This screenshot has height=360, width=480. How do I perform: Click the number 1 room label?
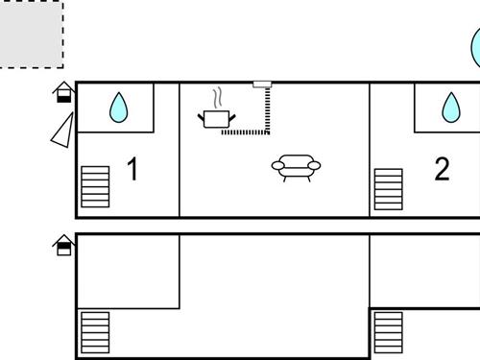tap(132, 171)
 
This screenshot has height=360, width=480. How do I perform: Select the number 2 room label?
tap(442, 170)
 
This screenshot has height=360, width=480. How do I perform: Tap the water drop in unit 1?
tap(118, 108)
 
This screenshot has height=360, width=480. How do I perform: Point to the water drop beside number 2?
tap(449, 108)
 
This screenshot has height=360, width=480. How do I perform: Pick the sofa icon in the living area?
tap(297, 168)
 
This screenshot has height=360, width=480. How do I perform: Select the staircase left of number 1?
tap(95, 187)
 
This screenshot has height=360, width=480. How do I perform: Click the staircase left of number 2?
tap(388, 189)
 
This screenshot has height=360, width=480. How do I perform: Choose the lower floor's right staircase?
tap(388, 332)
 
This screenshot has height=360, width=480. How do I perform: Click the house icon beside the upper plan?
tap(63, 92)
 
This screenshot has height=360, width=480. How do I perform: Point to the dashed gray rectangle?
tap(30, 34)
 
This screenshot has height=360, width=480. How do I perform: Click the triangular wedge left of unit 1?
tap(63, 131)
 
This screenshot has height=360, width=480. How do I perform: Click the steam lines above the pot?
tap(219, 97)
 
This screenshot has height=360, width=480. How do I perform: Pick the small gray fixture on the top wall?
tap(262, 84)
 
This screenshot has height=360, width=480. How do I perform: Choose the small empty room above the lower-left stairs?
tap(128, 271)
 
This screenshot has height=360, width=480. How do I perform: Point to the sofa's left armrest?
tap(277, 167)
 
